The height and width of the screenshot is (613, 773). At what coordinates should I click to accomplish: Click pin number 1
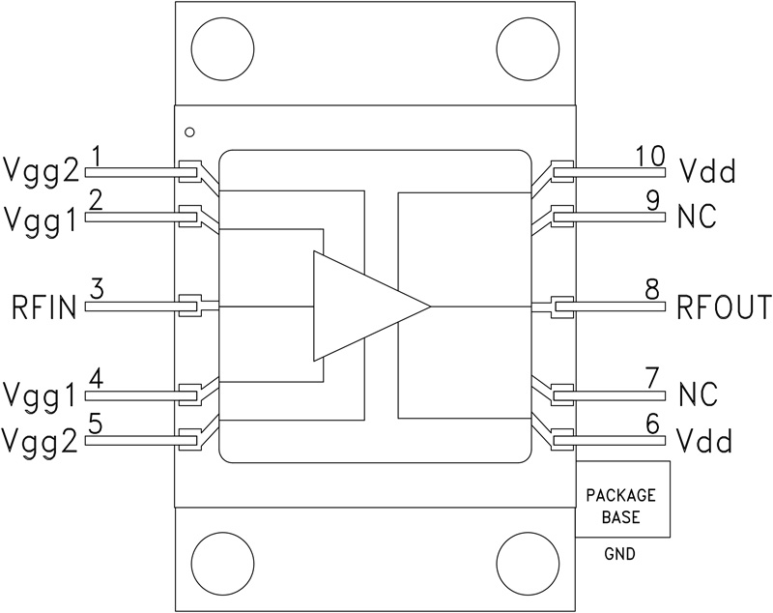tap(96, 155)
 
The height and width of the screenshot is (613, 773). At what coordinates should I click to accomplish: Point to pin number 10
tap(651, 155)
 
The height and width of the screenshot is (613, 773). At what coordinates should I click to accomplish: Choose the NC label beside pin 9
tap(697, 218)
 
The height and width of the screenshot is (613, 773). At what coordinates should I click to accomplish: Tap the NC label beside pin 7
tap(697, 394)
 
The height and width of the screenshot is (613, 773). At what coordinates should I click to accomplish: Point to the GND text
tap(621, 556)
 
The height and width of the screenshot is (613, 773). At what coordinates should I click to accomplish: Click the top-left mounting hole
tap(222, 46)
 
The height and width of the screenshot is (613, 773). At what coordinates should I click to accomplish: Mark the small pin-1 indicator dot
tap(190, 131)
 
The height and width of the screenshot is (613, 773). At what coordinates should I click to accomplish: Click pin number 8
tap(652, 288)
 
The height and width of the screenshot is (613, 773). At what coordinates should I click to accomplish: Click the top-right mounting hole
tap(527, 46)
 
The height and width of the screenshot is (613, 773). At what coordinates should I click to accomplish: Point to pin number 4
tap(96, 375)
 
